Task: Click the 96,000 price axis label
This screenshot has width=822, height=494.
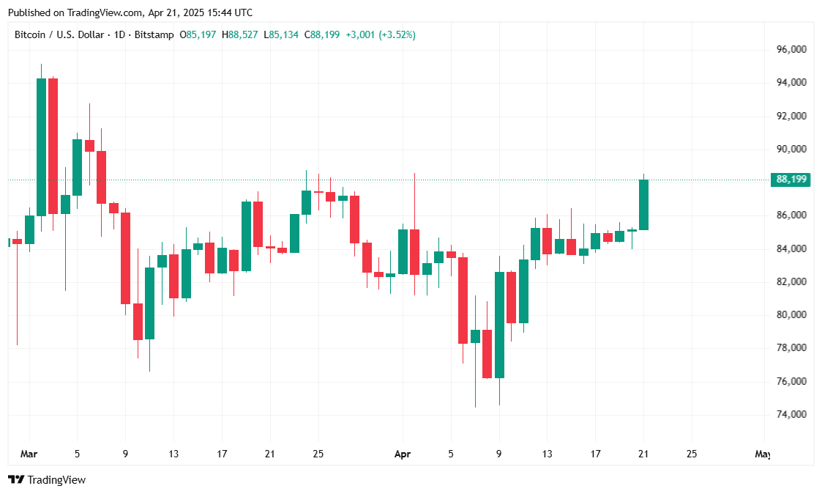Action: [791, 49]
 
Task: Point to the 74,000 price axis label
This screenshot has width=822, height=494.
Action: [791, 414]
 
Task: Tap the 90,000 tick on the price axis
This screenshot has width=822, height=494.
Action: [791, 149]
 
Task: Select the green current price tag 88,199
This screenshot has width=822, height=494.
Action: [791, 180]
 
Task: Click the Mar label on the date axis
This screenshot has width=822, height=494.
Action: [29, 454]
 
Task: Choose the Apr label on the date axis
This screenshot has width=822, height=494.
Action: [403, 454]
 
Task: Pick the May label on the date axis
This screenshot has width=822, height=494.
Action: [762, 454]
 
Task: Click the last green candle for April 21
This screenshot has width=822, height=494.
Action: [644, 204]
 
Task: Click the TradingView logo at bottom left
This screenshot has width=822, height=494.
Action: [47, 479]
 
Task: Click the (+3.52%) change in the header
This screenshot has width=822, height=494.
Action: [397, 34]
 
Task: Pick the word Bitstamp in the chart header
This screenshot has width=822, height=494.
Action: [154, 34]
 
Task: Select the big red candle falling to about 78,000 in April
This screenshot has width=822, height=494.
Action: [463, 300]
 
